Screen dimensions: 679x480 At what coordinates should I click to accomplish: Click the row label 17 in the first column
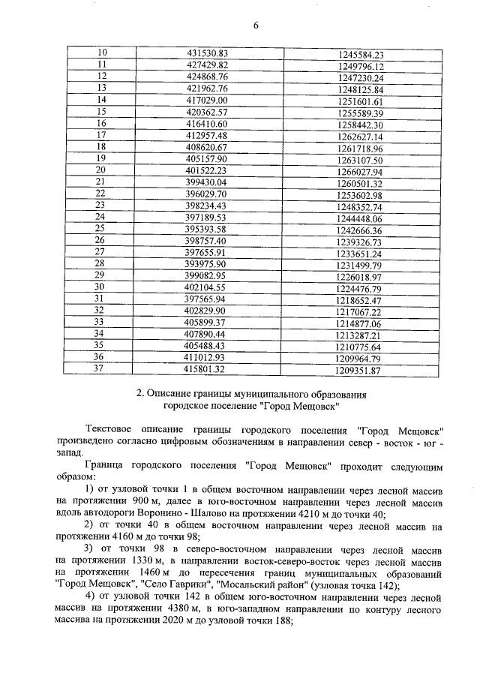(102, 135)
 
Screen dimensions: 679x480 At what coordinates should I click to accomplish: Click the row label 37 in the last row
(102, 368)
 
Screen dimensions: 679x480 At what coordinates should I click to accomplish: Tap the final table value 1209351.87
(359, 370)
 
